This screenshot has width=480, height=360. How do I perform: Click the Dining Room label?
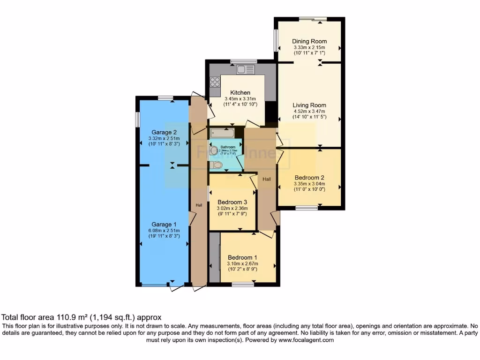(x=309, y=41)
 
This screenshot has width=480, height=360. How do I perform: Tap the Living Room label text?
(x=309, y=105)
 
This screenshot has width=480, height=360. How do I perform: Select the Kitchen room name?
(x=240, y=92)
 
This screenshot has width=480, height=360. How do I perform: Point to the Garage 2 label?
(x=164, y=132)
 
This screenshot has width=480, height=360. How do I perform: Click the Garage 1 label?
(x=164, y=224)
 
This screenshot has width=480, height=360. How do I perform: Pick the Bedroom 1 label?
(x=242, y=257)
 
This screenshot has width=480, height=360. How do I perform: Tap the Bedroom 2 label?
(x=309, y=178)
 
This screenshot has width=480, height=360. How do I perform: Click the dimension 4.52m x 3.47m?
(x=309, y=111)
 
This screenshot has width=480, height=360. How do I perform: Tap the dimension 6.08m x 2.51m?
(x=164, y=230)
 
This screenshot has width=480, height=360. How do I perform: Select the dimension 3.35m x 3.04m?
(x=309, y=184)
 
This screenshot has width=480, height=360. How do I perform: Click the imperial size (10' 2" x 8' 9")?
(x=242, y=269)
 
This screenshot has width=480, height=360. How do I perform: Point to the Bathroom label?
(x=228, y=147)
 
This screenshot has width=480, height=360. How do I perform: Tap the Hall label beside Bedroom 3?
(x=266, y=179)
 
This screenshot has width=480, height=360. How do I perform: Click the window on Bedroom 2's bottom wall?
(x=308, y=207)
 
